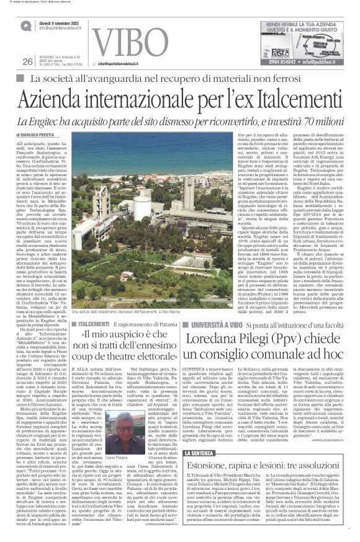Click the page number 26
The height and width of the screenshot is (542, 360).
pyautogui.click(x=27, y=61)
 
